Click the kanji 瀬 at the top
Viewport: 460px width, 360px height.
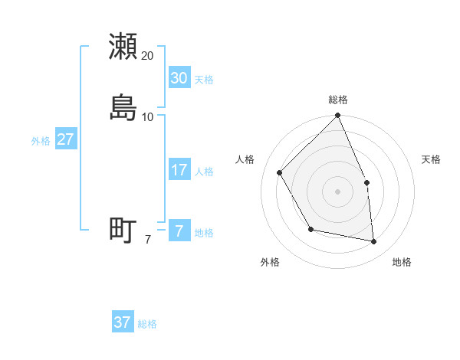point(123,47)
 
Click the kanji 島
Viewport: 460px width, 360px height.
point(123,108)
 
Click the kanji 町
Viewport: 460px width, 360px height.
point(123,230)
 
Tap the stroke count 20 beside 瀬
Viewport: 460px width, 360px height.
point(148,56)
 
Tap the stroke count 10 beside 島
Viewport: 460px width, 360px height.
point(148,117)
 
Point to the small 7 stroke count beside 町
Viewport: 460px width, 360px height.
point(147,239)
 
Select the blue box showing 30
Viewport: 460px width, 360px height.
point(179,78)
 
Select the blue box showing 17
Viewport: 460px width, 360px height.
point(179,170)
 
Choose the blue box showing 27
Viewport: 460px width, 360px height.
point(65,139)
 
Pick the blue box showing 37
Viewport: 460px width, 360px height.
point(122,322)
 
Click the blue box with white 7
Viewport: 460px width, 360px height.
point(179,231)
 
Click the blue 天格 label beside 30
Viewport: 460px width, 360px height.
point(204,80)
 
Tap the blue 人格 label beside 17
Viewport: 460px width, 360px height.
point(204,172)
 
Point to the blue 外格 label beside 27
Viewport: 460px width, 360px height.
point(41,141)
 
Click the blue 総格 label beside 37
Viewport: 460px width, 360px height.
point(147,324)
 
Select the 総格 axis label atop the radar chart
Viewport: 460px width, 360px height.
point(338,100)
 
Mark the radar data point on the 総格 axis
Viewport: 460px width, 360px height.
point(338,116)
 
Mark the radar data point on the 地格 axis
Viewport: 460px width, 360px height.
point(374,241)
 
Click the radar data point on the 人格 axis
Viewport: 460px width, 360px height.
point(280,172)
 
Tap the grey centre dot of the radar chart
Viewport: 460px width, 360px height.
point(338,191)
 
